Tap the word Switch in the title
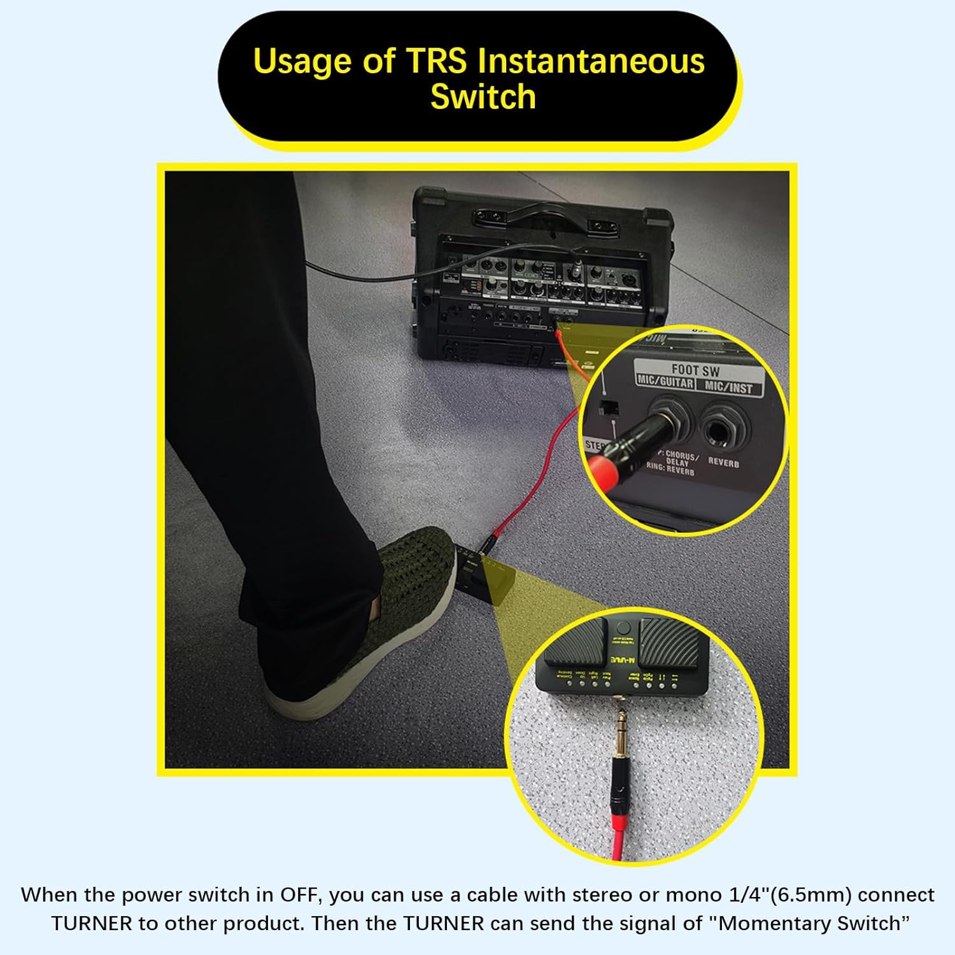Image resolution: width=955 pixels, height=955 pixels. [483, 97]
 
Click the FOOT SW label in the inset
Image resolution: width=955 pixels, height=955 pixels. [695, 370]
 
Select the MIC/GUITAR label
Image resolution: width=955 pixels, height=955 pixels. [665, 382]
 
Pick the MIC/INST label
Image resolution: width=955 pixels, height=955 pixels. [728, 387]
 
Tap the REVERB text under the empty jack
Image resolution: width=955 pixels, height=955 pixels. [724, 462]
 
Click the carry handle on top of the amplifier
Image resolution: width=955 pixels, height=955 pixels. [544, 213]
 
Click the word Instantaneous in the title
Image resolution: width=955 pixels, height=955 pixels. [591, 62]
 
